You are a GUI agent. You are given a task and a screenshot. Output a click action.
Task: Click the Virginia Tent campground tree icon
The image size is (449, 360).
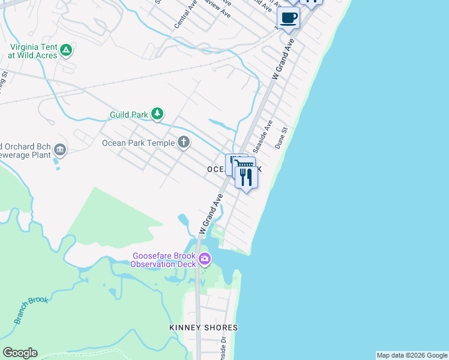67,50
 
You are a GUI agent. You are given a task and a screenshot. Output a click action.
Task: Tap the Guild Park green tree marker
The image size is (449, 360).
157,113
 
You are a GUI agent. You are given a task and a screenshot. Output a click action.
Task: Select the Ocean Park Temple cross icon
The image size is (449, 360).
184,142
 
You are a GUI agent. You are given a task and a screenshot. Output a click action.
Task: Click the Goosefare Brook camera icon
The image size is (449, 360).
205,259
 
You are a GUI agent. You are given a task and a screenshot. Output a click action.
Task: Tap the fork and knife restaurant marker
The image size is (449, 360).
246,177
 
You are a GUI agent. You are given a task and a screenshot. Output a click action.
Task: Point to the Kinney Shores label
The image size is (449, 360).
203,328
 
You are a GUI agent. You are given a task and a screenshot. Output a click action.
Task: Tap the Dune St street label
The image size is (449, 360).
282,137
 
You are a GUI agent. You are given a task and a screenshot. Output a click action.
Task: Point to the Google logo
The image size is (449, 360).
20,353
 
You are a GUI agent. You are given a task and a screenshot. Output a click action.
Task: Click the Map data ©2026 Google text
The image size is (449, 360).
411,355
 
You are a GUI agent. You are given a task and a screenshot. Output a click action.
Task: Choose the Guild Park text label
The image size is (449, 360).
129,114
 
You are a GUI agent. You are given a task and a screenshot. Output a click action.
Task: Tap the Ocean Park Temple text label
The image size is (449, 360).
138,143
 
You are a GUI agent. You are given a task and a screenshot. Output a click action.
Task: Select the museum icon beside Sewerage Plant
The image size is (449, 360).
60,149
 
